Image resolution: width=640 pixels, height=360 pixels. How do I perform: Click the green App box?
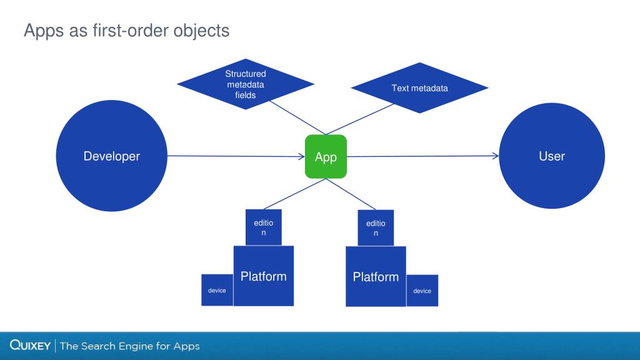[x=326, y=156]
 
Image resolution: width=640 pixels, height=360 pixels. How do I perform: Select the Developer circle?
[x=112, y=156]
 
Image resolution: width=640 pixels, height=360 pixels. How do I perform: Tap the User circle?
[x=551, y=156]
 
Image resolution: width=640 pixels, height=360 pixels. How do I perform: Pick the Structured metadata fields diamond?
[x=245, y=84]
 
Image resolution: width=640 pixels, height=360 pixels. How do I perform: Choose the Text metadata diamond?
[x=419, y=88]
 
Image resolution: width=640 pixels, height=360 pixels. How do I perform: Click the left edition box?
[x=263, y=227]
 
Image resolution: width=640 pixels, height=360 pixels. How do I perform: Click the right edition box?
[x=376, y=227]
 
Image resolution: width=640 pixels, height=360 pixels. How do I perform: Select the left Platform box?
[x=263, y=276]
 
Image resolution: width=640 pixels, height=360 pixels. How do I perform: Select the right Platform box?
[x=376, y=276]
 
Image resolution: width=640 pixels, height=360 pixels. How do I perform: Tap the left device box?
[x=217, y=290]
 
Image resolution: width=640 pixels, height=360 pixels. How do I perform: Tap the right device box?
[x=422, y=291]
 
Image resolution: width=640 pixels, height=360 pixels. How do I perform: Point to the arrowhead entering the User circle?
[x=496, y=156]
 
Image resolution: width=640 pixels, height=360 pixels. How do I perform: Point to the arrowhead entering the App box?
[x=301, y=156]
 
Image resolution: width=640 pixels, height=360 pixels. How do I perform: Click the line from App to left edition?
[x=294, y=194]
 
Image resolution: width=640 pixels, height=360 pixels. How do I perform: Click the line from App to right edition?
[x=351, y=194]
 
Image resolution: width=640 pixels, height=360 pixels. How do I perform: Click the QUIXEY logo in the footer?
[x=30, y=346]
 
